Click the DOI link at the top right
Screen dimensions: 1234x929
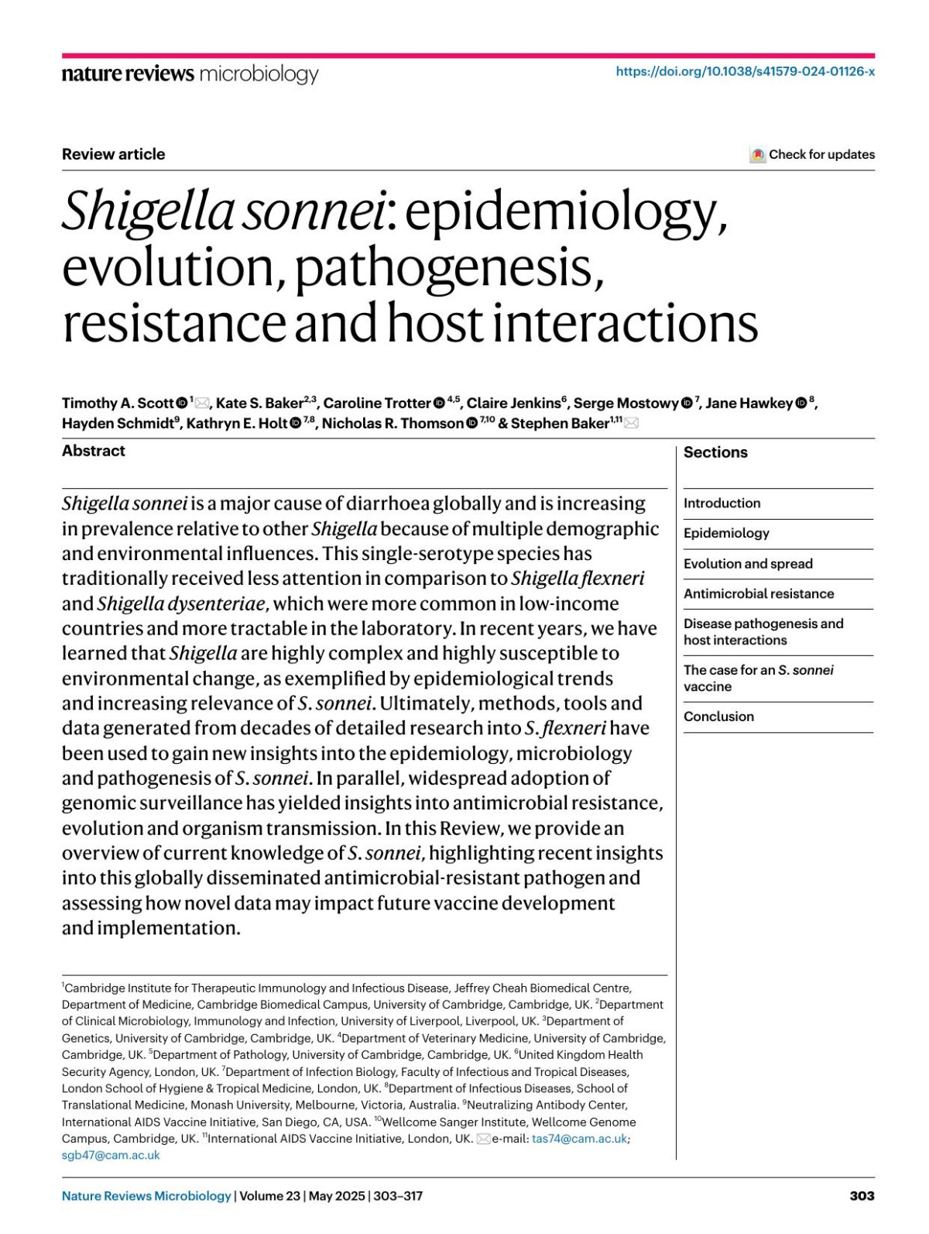click(745, 71)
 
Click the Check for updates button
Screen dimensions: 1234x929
click(812, 154)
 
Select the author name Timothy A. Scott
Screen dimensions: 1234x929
click(118, 403)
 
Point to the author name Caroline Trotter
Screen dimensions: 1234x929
click(376, 403)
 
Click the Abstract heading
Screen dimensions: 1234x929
click(94, 451)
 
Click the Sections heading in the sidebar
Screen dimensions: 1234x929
click(715, 452)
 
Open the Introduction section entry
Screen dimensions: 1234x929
click(722, 503)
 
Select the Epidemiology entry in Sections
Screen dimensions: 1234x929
click(726, 533)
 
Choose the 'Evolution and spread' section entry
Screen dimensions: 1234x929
click(748, 563)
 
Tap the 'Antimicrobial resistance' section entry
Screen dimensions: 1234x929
click(759, 593)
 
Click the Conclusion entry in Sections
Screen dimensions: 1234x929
click(718, 717)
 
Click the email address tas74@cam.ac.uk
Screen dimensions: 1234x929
click(579, 1139)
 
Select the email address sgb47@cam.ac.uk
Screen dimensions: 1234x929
click(111, 1155)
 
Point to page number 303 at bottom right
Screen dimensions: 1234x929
click(862, 1195)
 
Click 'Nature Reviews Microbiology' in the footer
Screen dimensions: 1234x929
click(146, 1195)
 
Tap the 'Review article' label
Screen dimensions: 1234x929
click(113, 154)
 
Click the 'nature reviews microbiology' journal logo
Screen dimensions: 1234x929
click(190, 74)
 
